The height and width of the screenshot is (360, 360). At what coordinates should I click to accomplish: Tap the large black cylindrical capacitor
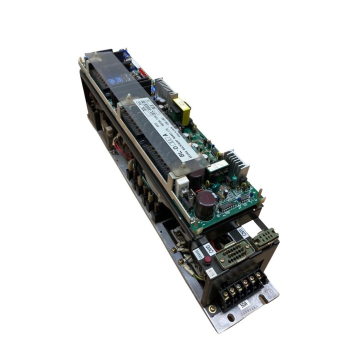(205, 204)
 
